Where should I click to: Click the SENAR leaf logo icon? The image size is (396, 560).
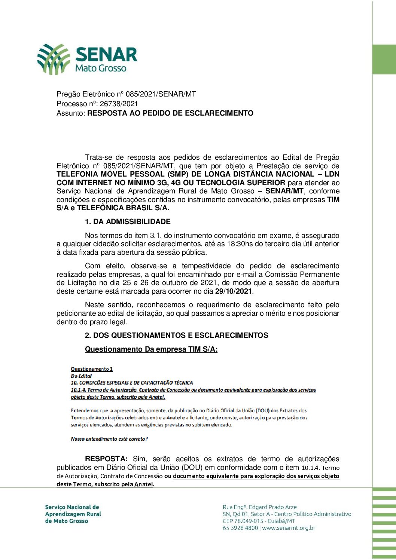tap(54, 59)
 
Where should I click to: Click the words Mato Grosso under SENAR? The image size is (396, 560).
tap(101, 68)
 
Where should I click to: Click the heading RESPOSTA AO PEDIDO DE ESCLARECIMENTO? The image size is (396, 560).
tap(170, 113)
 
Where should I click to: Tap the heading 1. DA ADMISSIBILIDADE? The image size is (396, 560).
tap(128, 221)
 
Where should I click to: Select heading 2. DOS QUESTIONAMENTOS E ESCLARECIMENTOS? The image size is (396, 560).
tap(176, 335)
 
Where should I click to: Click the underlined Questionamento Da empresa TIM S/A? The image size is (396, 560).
tap(151, 349)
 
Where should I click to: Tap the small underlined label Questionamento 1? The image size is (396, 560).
tap(92, 369)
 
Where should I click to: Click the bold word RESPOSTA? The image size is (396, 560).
tap(106, 459)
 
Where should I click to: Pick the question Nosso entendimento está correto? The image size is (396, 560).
tap(109, 439)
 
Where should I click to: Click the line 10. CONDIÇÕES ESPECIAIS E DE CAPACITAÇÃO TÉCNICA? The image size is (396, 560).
tap(132, 383)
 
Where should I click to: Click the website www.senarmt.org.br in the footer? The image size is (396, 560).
tap(289, 528)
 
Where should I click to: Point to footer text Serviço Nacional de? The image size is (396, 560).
tap(72, 507)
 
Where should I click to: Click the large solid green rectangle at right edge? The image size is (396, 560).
tap(384, 59)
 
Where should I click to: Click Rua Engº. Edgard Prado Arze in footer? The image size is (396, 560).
tap(259, 507)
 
